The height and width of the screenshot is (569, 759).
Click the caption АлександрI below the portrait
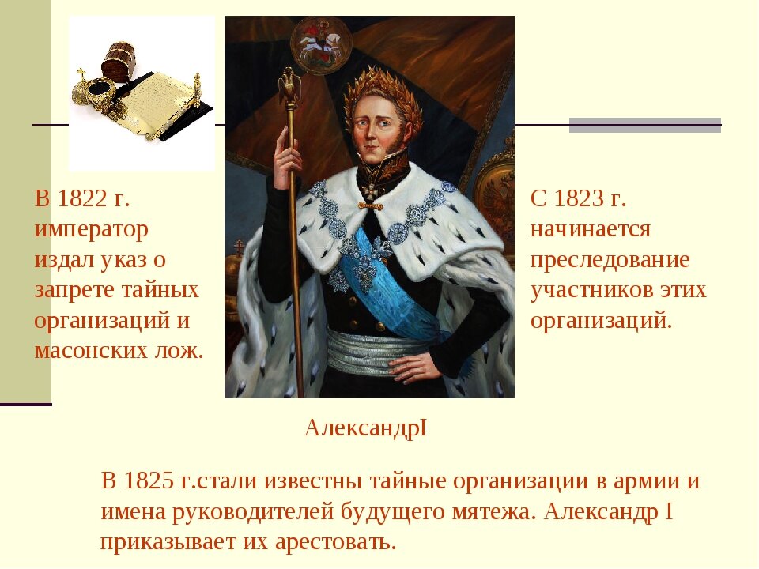(x=365, y=428)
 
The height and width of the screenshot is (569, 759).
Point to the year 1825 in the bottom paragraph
(x=149, y=481)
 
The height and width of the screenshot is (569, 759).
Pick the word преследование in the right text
(x=610, y=260)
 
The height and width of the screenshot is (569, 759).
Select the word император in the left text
(x=92, y=229)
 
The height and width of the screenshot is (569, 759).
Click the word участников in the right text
(x=591, y=290)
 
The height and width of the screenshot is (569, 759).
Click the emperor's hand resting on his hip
(x=412, y=367)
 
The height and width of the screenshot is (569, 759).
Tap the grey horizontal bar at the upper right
(x=645, y=125)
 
